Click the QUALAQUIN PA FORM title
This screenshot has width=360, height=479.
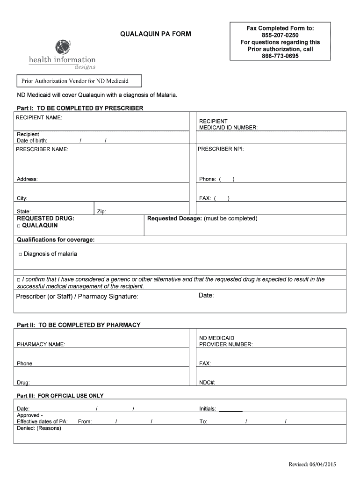(155, 34)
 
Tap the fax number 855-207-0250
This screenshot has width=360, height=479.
(280, 35)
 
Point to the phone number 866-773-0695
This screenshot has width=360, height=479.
(280, 56)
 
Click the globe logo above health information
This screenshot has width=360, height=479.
(63, 47)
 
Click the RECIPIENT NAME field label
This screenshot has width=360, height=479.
(39, 117)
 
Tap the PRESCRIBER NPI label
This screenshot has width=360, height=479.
(221, 149)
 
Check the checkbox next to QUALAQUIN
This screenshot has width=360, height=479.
(19, 225)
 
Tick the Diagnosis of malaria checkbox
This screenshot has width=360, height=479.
(21, 254)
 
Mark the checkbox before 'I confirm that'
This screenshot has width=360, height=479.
(19, 280)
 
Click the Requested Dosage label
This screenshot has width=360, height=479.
(175, 218)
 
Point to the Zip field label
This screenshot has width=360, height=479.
(101, 211)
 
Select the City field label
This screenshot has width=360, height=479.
(22, 198)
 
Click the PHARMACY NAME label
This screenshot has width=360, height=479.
(41, 344)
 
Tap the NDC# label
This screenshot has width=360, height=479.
(207, 382)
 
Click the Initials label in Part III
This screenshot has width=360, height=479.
(208, 409)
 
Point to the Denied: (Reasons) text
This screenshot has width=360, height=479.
(39, 428)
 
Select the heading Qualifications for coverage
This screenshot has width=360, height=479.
(56, 239)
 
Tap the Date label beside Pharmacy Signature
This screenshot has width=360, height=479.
(206, 295)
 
